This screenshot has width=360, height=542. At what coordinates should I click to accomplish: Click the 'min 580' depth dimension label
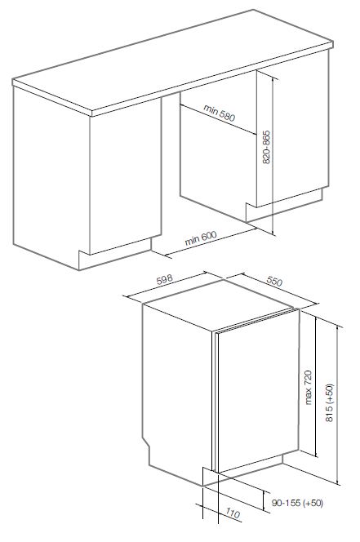click(220, 113)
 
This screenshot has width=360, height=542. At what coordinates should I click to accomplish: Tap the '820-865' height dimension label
click(266, 147)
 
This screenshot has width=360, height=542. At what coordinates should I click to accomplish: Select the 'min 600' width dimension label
click(201, 238)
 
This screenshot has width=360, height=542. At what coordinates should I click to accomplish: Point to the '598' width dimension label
click(165, 280)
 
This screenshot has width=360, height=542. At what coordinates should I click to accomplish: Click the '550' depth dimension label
click(274, 281)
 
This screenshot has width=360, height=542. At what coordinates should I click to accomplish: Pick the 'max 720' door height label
click(308, 387)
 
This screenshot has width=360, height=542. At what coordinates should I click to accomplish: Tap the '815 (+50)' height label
click(329, 402)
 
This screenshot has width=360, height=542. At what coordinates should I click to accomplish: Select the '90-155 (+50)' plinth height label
click(297, 503)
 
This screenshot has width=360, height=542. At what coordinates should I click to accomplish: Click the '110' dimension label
click(233, 513)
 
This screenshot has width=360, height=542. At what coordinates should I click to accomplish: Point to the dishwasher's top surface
click(218, 304)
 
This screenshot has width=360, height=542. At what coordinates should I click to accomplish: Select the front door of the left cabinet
click(126, 176)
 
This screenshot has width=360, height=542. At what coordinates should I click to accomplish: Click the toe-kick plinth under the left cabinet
click(115, 254)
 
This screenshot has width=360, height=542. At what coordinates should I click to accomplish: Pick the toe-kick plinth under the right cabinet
click(283, 205)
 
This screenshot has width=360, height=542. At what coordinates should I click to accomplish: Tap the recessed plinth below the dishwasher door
click(248, 468)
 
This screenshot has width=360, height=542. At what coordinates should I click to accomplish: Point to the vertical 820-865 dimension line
click(273, 156)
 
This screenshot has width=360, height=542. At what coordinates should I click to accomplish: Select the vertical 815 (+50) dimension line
click(337, 405)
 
